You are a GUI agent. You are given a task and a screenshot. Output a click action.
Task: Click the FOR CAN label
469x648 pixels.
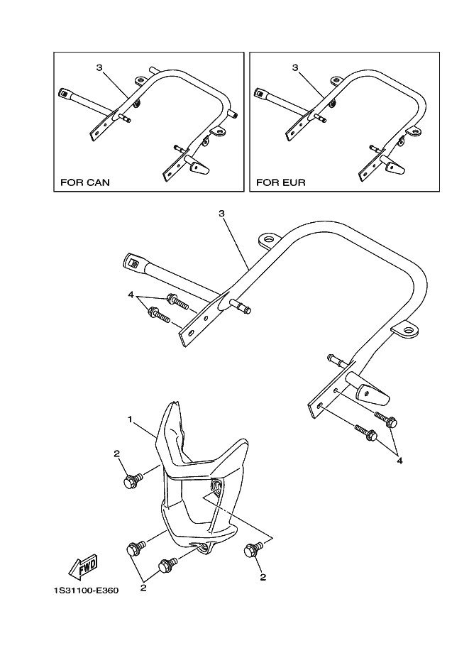pyautogui.click(x=84, y=182)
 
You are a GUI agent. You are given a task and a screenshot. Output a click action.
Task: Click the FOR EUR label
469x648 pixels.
pyautogui.click(x=280, y=182)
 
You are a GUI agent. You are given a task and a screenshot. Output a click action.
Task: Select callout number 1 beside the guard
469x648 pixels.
pyautogui.click(x=131, y=420)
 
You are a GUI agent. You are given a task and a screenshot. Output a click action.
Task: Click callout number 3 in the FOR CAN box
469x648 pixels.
pyautogui.click(x=99, y=68)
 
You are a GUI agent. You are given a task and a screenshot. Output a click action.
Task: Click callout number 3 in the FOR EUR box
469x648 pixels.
pyautogui.click(x=294, y=68)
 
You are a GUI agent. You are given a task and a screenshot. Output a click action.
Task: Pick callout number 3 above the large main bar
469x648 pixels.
pyautogui.click(x=221, y=212)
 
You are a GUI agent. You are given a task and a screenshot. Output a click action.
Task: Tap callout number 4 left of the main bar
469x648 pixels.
pyautogui.click(x=131, y=294)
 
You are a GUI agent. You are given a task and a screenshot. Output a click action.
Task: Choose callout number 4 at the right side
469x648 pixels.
pyautogui.click(x=400, y=460)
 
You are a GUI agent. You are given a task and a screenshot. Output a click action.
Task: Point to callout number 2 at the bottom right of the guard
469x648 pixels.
pyautogui.click(x=263, y=577)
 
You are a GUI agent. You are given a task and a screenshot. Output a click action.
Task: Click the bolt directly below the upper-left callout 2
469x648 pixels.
pyautogui.click(x=131, y=482)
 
